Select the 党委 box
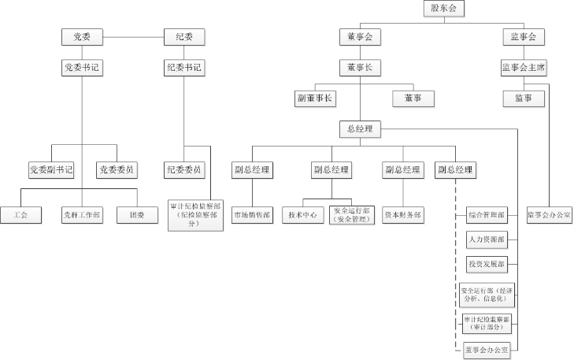point(82,36)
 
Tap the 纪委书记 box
point(184,67)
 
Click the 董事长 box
point(360,67)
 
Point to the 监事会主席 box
point(524,67)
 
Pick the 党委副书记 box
point(50,169)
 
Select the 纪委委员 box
point(184,169)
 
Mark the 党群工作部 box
point(82,214)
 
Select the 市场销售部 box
point(251,214)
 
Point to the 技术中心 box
point(303,214)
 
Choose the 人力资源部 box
point(486,239)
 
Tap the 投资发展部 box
point(486,263)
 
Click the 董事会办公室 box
point(486,348)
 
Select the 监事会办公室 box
point(550,214)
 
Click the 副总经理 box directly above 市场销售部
point(251,169)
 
